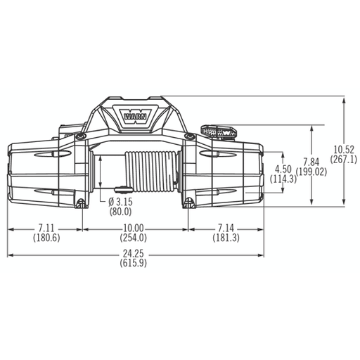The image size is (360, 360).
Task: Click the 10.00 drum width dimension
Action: pos(134,229)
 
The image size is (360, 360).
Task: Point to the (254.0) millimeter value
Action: pos(134,238)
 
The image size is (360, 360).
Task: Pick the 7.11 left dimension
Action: pos(46,229)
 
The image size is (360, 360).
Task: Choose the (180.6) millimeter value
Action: pos(46,238)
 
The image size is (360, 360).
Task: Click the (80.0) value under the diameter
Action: pos(120,212)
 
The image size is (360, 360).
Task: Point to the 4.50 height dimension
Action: pos(283,169)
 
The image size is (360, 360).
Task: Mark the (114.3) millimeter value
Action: pos(283,179)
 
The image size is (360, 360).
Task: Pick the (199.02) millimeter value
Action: pos(311,172)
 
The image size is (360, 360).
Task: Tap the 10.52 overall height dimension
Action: pos(344,149)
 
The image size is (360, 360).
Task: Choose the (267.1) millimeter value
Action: pos(344,159)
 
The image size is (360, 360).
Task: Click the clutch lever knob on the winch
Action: pos(217,131)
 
